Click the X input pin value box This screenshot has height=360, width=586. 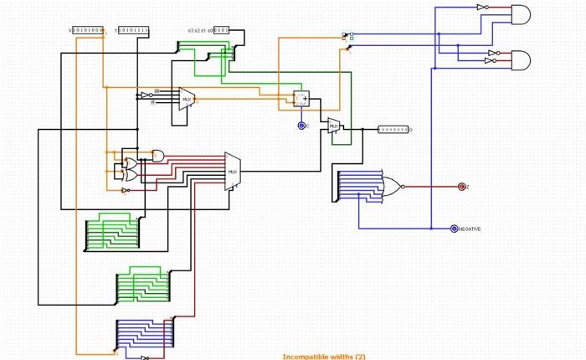(89, 31)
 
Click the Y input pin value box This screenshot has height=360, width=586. (133, 31)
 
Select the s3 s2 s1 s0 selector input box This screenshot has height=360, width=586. (219, 30)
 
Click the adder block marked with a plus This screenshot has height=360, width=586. (301, 99)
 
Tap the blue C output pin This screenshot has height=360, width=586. (301, 126)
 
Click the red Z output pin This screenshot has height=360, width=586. (461, 187)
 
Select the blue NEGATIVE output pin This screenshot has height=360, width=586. (454, 229)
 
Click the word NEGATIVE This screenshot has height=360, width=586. (470, 229)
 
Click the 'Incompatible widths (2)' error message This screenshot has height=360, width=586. (324, 356)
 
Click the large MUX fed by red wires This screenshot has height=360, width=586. (233, 171)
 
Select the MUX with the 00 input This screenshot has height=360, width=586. (187, 99)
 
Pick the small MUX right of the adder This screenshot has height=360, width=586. (334, 126)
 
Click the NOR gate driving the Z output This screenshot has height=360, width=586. (391, 186)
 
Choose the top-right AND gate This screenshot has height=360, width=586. (520, 14)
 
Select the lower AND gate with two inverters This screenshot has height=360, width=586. (520, 60)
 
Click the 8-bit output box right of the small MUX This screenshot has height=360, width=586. (393, 130)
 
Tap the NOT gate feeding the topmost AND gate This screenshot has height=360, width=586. (483, 8)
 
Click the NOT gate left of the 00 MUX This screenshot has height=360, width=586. (145, 95)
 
